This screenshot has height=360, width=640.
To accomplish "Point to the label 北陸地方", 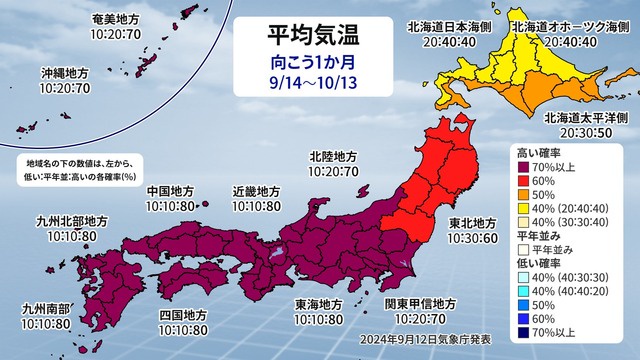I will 333,156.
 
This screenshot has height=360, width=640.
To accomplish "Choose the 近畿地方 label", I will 254,190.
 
